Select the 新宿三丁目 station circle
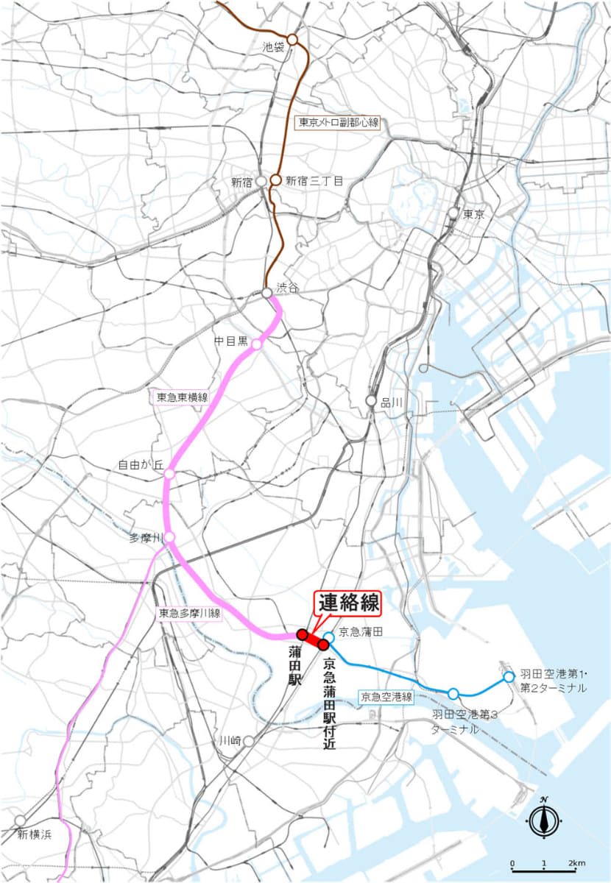click(x=275, y=180)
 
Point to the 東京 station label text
click(x=473, y=215)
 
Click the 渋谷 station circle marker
click(x=266, y=293)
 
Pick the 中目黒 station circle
click(x=256, y=344)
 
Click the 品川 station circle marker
click(x=372, y=400)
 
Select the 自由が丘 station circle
click(x=169, y=473)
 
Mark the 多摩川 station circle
click(x=169, y=537)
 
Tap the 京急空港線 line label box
click(x=386, y=696)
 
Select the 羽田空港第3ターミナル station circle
click(x=453, y=693)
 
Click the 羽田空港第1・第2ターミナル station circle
click(x=509, y=676)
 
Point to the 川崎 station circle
click(x=249, y=741)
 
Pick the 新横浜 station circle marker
click(x=20, y=820)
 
